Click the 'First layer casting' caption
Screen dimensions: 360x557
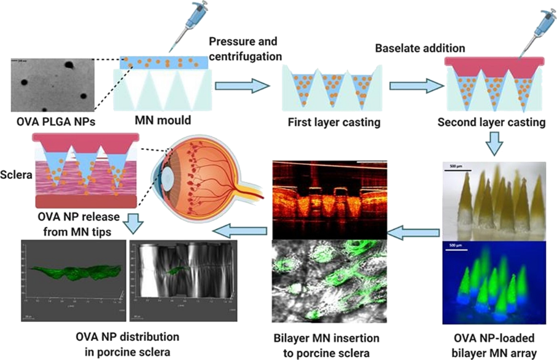coord(333,122)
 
